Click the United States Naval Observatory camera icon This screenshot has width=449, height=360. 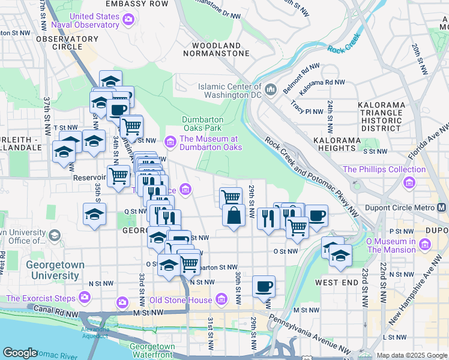tap(127, 20)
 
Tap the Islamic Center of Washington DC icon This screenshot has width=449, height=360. tap(270, 90)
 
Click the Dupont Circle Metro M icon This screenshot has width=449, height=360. tap(442, 208)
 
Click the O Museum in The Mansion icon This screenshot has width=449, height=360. tap(425, 245)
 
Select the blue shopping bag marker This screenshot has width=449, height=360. tap(233, 217)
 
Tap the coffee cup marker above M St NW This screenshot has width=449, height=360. tap(264, 286)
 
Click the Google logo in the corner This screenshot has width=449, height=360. tap(20, 353)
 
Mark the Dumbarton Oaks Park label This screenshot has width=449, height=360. tap(202, 124)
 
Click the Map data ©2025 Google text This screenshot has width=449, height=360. tap(412, 355)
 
